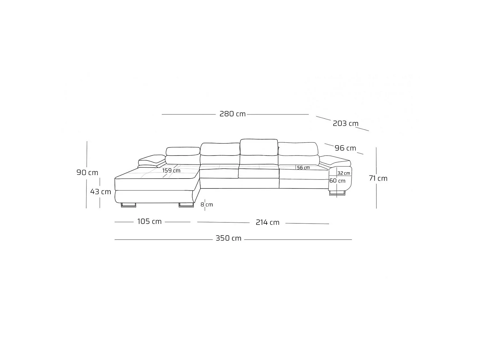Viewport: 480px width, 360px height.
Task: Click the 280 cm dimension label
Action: [x=232, y=114]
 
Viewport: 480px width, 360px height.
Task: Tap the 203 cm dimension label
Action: [x=346, y=124]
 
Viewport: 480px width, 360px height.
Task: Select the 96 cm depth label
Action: [x=345, y=148]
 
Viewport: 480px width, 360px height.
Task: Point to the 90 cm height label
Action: [x=87, y=172]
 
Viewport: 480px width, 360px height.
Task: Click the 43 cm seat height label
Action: [x=100, y=192]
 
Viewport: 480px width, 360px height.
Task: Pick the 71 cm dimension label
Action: [x=378, y=178]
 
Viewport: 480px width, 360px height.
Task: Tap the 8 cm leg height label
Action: [x=207, y=204]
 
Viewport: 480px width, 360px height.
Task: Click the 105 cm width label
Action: [x=149, y=221]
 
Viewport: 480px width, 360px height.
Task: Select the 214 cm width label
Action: [x=268, y=222]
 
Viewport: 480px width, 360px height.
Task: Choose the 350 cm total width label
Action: [x=228, y=238]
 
